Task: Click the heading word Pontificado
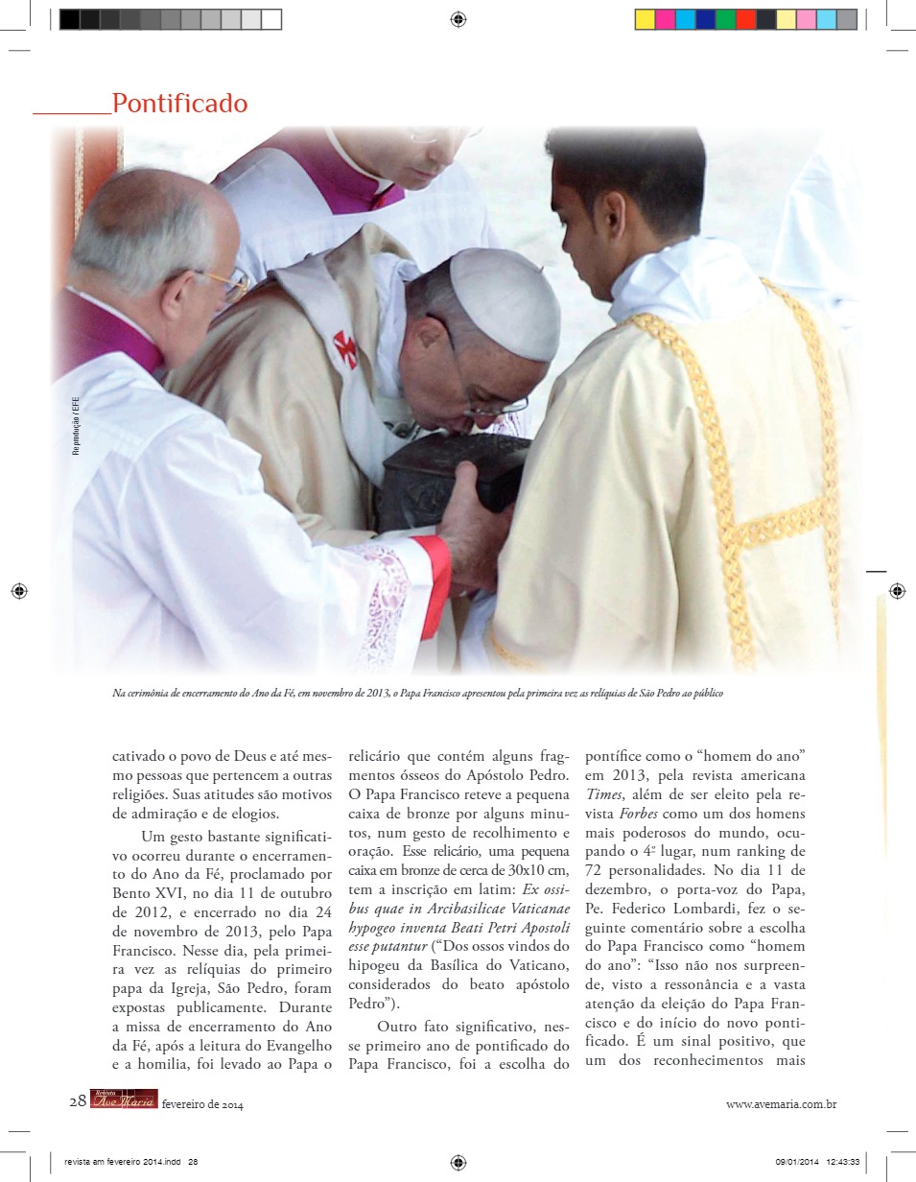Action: tap(179, 104)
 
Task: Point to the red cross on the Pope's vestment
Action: tap(345, 349)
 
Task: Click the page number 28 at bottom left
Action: tap(78, 1101)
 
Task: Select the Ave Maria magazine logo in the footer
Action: tap(124, 1100)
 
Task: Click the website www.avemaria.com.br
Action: tap(781, 1104)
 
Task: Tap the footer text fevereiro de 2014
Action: tap(202, 1105)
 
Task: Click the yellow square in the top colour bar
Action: tap(645, 19)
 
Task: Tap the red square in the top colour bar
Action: tap(745, 19)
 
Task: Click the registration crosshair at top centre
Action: tap(458, 19)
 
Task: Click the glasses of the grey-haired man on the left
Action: tap(228, 285)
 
